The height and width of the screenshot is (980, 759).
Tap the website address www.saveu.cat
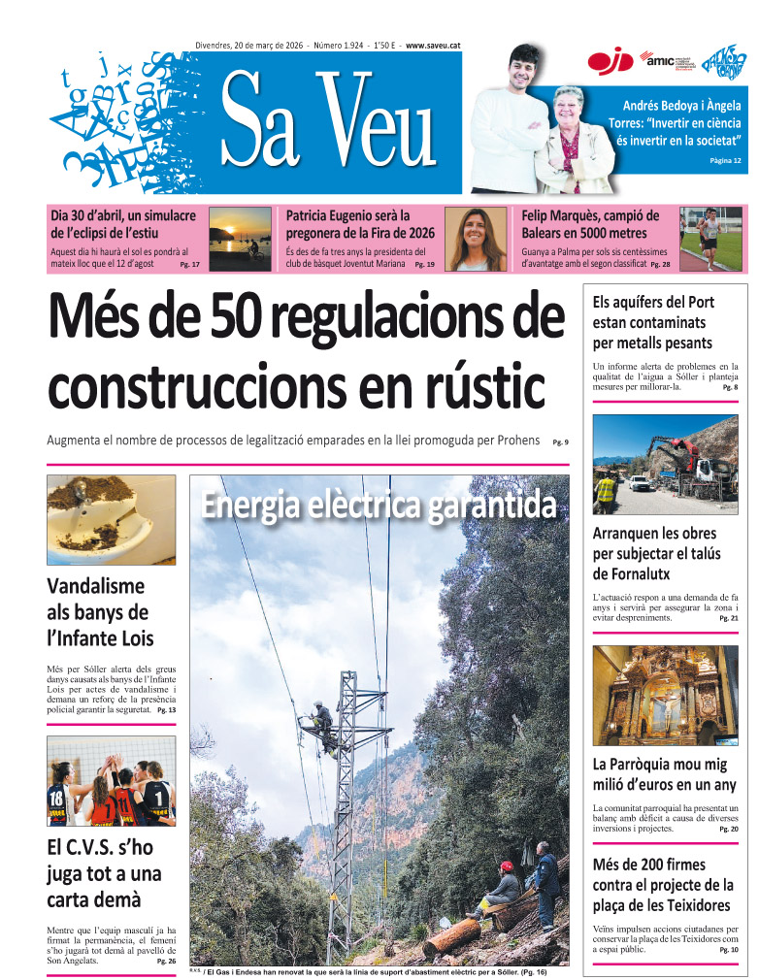tap(435, 45)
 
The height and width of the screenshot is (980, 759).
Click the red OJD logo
tap(610, 61)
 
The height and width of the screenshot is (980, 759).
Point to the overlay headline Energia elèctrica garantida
tap(379, 506)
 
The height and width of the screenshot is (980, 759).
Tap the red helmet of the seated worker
tap(506, 866)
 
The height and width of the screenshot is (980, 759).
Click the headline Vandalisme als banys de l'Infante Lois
tap(98, 612)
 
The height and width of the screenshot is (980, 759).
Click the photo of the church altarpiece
tap(665, 696)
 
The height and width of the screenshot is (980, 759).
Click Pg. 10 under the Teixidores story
tap(728, 950)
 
